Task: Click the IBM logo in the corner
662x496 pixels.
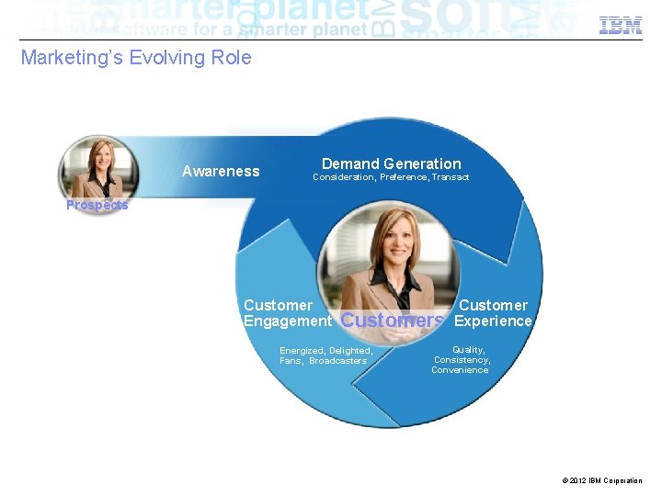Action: pos(621,26)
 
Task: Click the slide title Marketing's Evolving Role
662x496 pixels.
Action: pos(136,58)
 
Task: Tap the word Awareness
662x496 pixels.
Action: pos(221,171)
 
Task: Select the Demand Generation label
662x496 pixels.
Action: pos(392,163)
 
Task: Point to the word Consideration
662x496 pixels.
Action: pos(343,177)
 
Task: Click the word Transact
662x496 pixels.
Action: pos(451,177)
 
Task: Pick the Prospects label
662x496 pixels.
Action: pos(97,205)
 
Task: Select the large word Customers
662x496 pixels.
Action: pos(393,321)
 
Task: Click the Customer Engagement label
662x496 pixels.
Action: pos(287,313)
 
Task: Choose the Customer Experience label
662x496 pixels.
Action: pos(494,313)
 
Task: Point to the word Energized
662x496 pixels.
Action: pos(302,351)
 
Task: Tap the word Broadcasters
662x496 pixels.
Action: pos(337,361)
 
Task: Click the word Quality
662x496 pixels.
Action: pos(468,350)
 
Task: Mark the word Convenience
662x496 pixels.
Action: pos(460,370)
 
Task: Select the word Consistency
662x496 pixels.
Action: pos(462,360)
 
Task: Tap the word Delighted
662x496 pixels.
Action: pos(350,351)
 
